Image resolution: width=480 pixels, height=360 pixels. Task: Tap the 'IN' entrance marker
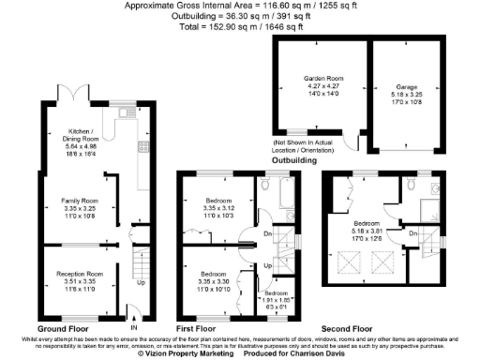coord(132,328)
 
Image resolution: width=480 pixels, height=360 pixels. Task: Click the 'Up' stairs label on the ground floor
coord(142,281)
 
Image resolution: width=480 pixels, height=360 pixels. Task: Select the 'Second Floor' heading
coord(346,329)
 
